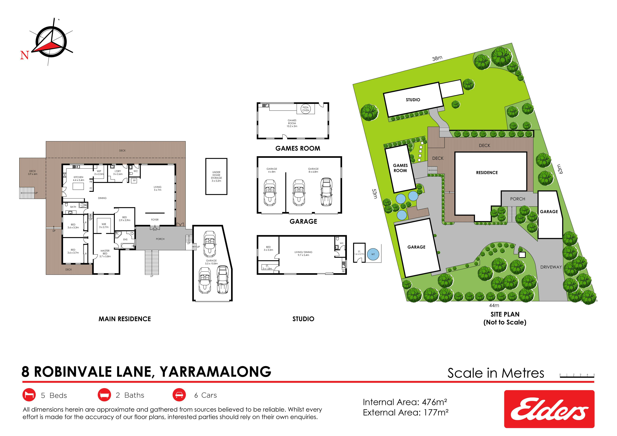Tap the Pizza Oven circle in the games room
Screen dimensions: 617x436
[x=306, y=109]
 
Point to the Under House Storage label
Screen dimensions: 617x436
[x=216, y=176]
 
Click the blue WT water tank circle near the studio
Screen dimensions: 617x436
[x=373, y=254]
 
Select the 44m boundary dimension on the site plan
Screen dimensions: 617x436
[x=494, y=305]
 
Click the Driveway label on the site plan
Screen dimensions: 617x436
[x=551, y=267]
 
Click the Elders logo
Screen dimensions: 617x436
[x=549, y=409]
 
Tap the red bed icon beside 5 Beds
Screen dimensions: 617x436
[x=29, y=395]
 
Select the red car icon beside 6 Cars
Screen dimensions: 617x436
[x=179, y=395]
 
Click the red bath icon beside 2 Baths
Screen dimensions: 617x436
[x=104, y=395]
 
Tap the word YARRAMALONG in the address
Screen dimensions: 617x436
[x=216, y=372]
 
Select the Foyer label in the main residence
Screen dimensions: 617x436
[x=155, y=220]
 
